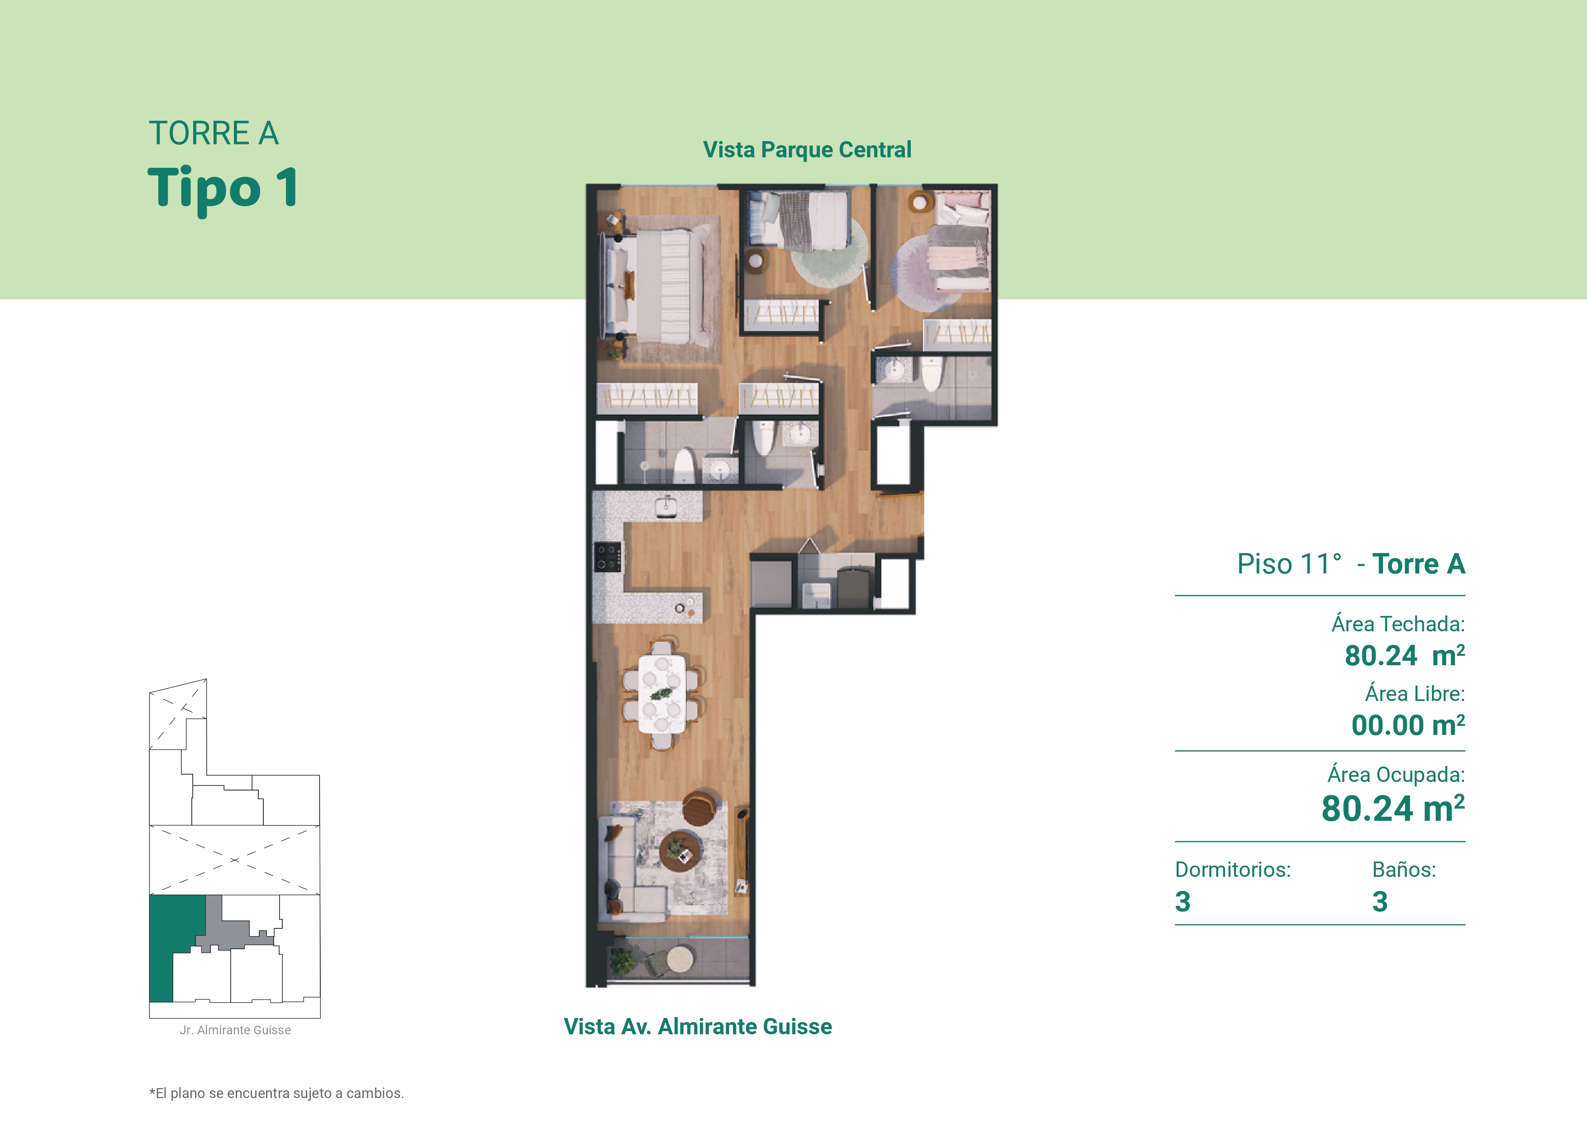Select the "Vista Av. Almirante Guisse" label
point(698,1026)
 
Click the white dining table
point(661,694)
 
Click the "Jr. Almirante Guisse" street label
point(235,1030)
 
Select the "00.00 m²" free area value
point(1408,725)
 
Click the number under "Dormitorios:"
point(1183,902)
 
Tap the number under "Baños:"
point(1380,902)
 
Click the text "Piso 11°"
point(1289,564)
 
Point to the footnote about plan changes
point(276,1093)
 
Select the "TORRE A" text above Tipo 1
point(214,133)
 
